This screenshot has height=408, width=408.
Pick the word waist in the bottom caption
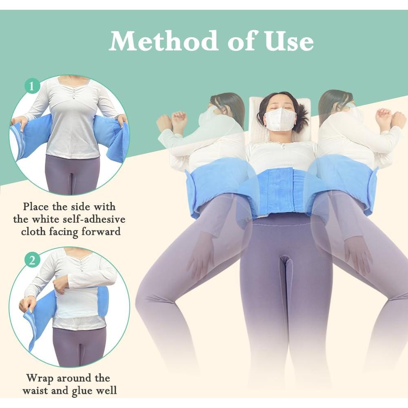[x=36, y=390]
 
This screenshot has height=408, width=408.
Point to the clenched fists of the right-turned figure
[x=390, y=118]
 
